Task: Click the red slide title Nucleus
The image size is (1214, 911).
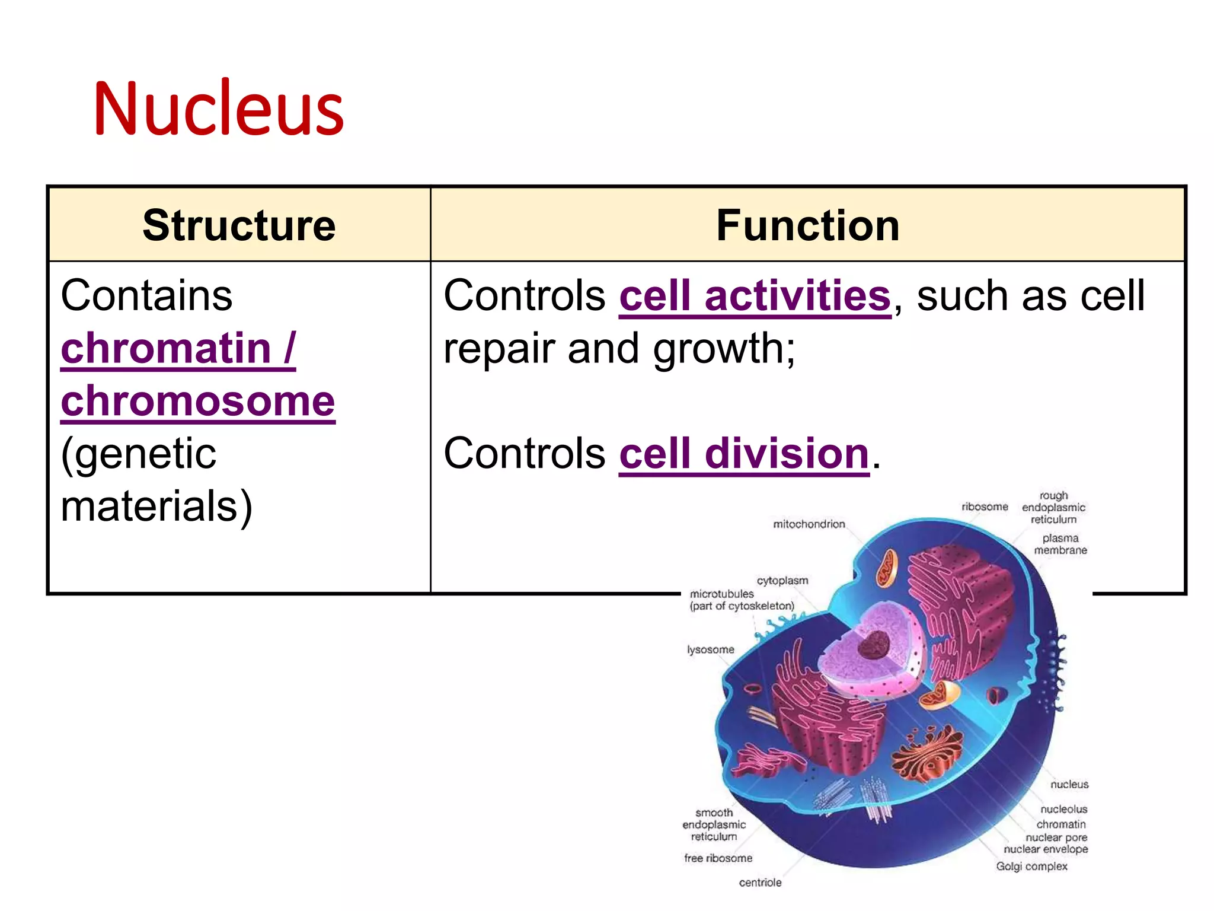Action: (218, 109)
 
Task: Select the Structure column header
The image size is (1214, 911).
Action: (239, 225)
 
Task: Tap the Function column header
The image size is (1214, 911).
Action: (807, 225)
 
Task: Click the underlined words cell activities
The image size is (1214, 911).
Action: (755, 296)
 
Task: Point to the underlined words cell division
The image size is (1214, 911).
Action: (744, 454)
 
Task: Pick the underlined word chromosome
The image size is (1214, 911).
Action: (198, 402)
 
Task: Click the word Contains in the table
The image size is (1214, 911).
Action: (146, 295)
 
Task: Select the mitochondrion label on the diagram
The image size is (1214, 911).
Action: (809, 524)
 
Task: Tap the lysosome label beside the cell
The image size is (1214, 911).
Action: (710, 649)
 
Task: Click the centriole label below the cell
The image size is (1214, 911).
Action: (760, 883)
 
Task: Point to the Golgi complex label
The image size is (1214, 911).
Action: (1031, 867)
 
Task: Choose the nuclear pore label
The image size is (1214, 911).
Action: (1056, 837)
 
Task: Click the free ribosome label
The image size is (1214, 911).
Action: (718, 858)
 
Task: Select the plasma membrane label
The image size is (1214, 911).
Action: (1060, 544)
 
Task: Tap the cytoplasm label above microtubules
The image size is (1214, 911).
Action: (782, 581)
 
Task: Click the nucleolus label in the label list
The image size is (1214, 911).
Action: (1063, 809)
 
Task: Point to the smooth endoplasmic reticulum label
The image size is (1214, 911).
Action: (714, 824)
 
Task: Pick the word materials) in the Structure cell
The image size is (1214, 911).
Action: (156, 507)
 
